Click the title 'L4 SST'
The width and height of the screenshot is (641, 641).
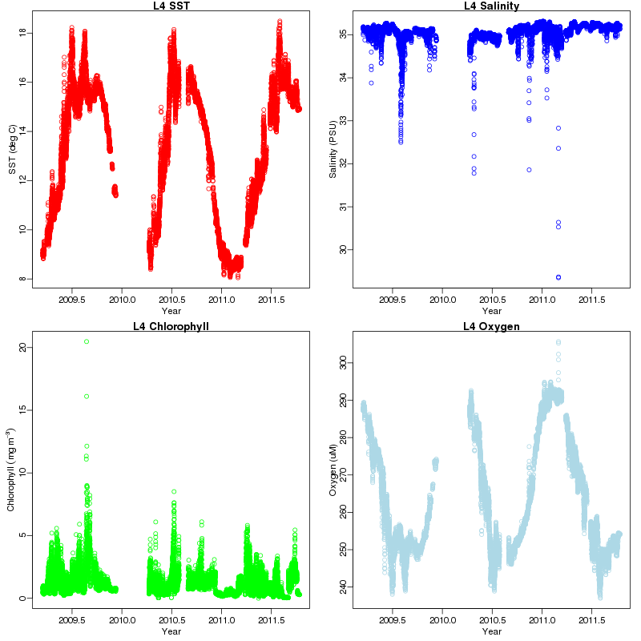(171, 6)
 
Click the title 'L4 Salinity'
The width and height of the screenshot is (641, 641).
(492, 6)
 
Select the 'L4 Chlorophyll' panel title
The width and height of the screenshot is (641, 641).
(171, 326)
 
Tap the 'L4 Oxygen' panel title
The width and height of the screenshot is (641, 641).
(492, 326)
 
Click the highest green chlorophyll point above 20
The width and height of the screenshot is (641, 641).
(87, 341)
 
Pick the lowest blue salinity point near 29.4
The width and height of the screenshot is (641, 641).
(558, 277)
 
